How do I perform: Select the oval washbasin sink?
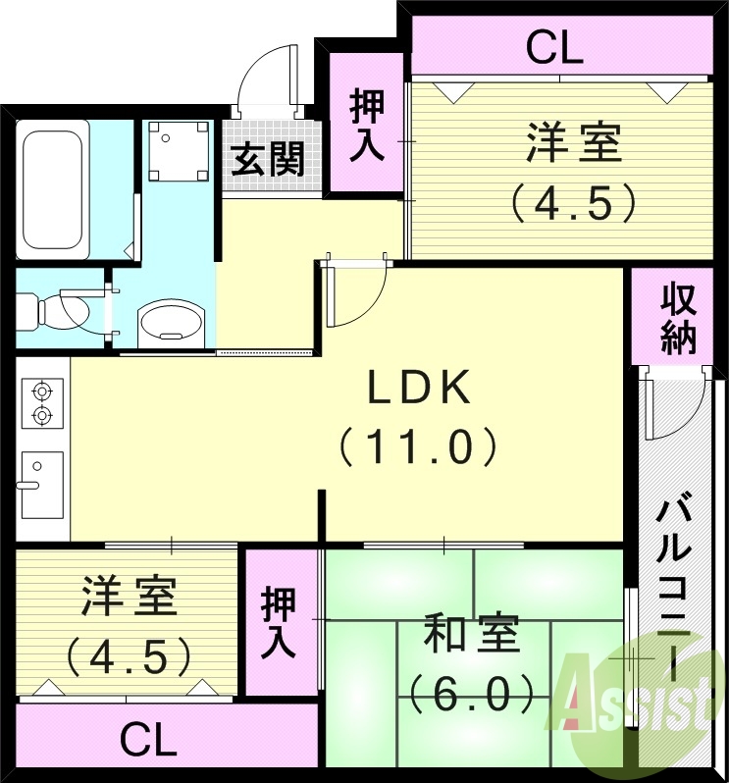172,321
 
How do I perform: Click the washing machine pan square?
178,152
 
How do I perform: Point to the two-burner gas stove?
41,402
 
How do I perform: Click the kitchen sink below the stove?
41,484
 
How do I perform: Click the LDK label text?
420,390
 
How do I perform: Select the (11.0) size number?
420,447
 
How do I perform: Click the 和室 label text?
472,637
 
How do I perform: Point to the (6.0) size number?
472,695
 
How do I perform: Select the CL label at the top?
554,47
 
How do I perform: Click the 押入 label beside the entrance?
366,125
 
